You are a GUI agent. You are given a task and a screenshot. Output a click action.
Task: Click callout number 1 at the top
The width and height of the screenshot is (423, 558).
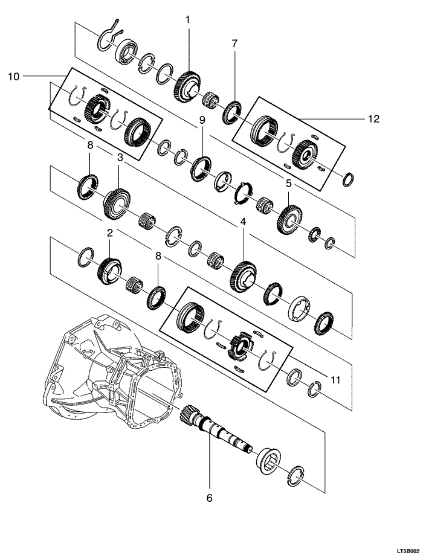(x=188, y=20)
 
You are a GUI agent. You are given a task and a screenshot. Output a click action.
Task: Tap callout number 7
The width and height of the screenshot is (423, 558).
(x=234, y=43)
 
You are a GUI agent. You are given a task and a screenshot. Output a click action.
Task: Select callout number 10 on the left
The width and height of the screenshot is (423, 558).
(x=13, y=76)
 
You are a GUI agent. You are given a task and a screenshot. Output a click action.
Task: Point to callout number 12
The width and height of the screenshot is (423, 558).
(x=373, y=118)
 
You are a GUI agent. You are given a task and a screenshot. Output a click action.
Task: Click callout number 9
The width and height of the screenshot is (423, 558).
(x=202, y=120)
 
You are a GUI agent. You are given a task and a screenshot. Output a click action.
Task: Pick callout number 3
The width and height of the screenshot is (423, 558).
(x=120, y=158)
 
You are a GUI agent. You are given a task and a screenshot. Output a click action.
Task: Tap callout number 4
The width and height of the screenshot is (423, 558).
(x=243, y=222)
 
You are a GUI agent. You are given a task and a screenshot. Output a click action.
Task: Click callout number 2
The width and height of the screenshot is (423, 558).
(x=109, y=233)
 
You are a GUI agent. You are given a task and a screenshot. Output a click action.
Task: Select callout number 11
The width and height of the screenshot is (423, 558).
(x=335, y=380)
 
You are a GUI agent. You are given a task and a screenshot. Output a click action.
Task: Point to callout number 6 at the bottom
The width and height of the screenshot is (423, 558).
(x=209, y=498)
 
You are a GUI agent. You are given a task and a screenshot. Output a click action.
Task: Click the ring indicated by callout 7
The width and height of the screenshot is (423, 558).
(x=232, y=113)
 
